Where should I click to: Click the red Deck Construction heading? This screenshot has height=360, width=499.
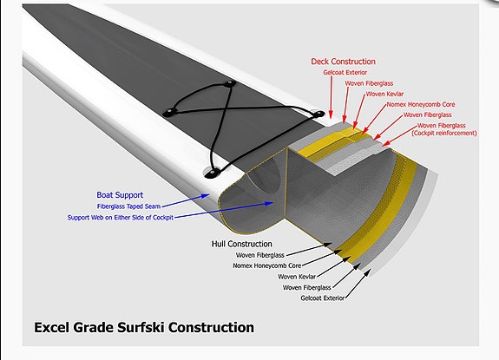click(x=343, y=62)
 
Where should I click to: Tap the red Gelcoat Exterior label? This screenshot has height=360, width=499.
click(x=345, y=73)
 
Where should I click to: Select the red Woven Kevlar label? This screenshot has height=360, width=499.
click(x=384, y=94)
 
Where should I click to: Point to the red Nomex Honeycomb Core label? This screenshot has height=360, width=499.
click(x=421, y=104)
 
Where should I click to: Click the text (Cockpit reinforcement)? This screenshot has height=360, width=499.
click(x=444, y=133)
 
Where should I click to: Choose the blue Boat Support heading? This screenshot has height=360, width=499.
click(x=120, y=195)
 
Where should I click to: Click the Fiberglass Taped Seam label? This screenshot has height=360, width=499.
click(x=129, y=206)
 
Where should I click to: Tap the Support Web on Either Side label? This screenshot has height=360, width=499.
click(x=121, y=218)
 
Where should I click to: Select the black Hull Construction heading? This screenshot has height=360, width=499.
click(x=242, y=244)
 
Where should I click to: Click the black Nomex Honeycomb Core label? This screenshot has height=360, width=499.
click(x=267, y=265)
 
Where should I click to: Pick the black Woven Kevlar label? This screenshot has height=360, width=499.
click(x=297, y=277)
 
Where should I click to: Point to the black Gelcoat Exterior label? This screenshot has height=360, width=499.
click(x=322, y=298)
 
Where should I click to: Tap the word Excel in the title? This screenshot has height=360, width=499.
click(x=51, y=327)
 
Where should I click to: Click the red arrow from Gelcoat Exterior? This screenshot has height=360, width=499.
click(x=331, y=97)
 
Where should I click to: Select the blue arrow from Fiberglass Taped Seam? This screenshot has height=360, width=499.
click(x=186, y=201)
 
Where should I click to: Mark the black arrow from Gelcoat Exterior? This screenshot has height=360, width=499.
click(x=358, y=284)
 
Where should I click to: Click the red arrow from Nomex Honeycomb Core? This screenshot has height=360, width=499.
click(x=374, y=121)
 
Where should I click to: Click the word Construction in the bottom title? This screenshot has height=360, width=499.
click(x=211, y=327)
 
